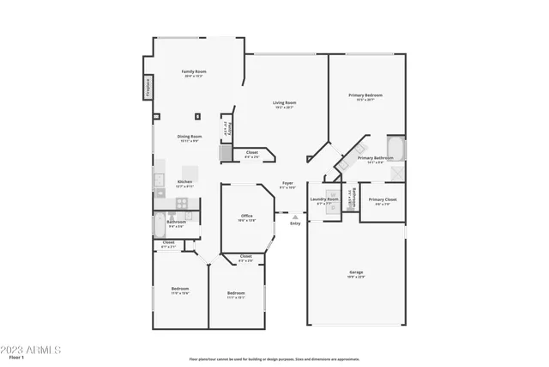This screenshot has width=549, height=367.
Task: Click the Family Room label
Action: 194,72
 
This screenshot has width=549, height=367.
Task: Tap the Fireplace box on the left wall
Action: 147,87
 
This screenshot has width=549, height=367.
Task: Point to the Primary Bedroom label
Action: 365,96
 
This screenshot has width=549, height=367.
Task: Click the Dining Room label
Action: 190,138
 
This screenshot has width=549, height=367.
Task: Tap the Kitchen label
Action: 184,182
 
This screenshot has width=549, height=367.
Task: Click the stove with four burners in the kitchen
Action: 182,204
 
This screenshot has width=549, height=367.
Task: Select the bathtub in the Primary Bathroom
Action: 395,148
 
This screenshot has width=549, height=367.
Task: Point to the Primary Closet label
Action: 382,202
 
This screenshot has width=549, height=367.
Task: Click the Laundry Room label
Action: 328,200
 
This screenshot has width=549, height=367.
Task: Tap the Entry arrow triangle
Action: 294,216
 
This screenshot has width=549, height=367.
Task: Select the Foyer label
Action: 288,184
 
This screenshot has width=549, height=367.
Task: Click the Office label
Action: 246,217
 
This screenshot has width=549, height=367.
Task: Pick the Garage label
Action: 355,273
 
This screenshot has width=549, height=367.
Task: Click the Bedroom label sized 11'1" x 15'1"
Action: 236,295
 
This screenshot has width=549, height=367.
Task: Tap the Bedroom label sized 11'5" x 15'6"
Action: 179,290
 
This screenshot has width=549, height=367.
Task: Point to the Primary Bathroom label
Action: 376,159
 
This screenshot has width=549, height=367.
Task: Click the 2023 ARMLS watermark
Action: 31,351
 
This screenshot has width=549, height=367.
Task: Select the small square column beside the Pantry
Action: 197,115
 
